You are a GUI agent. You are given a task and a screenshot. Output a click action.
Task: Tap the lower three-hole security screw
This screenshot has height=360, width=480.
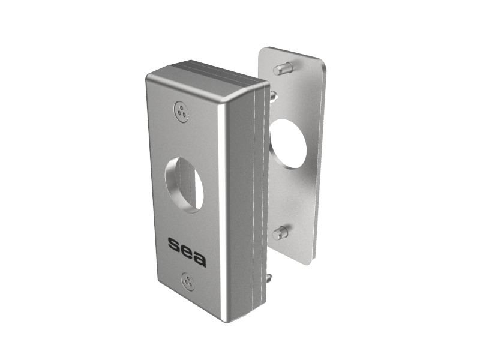[188, 281]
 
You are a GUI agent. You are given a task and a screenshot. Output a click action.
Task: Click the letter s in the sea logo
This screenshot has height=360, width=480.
[173, 244]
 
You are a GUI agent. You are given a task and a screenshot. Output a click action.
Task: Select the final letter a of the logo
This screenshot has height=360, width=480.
[199, 259]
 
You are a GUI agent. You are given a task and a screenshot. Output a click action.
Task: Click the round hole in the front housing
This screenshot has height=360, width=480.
[184, 185]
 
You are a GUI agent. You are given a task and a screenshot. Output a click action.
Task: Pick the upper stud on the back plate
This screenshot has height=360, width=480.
[283, 68]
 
